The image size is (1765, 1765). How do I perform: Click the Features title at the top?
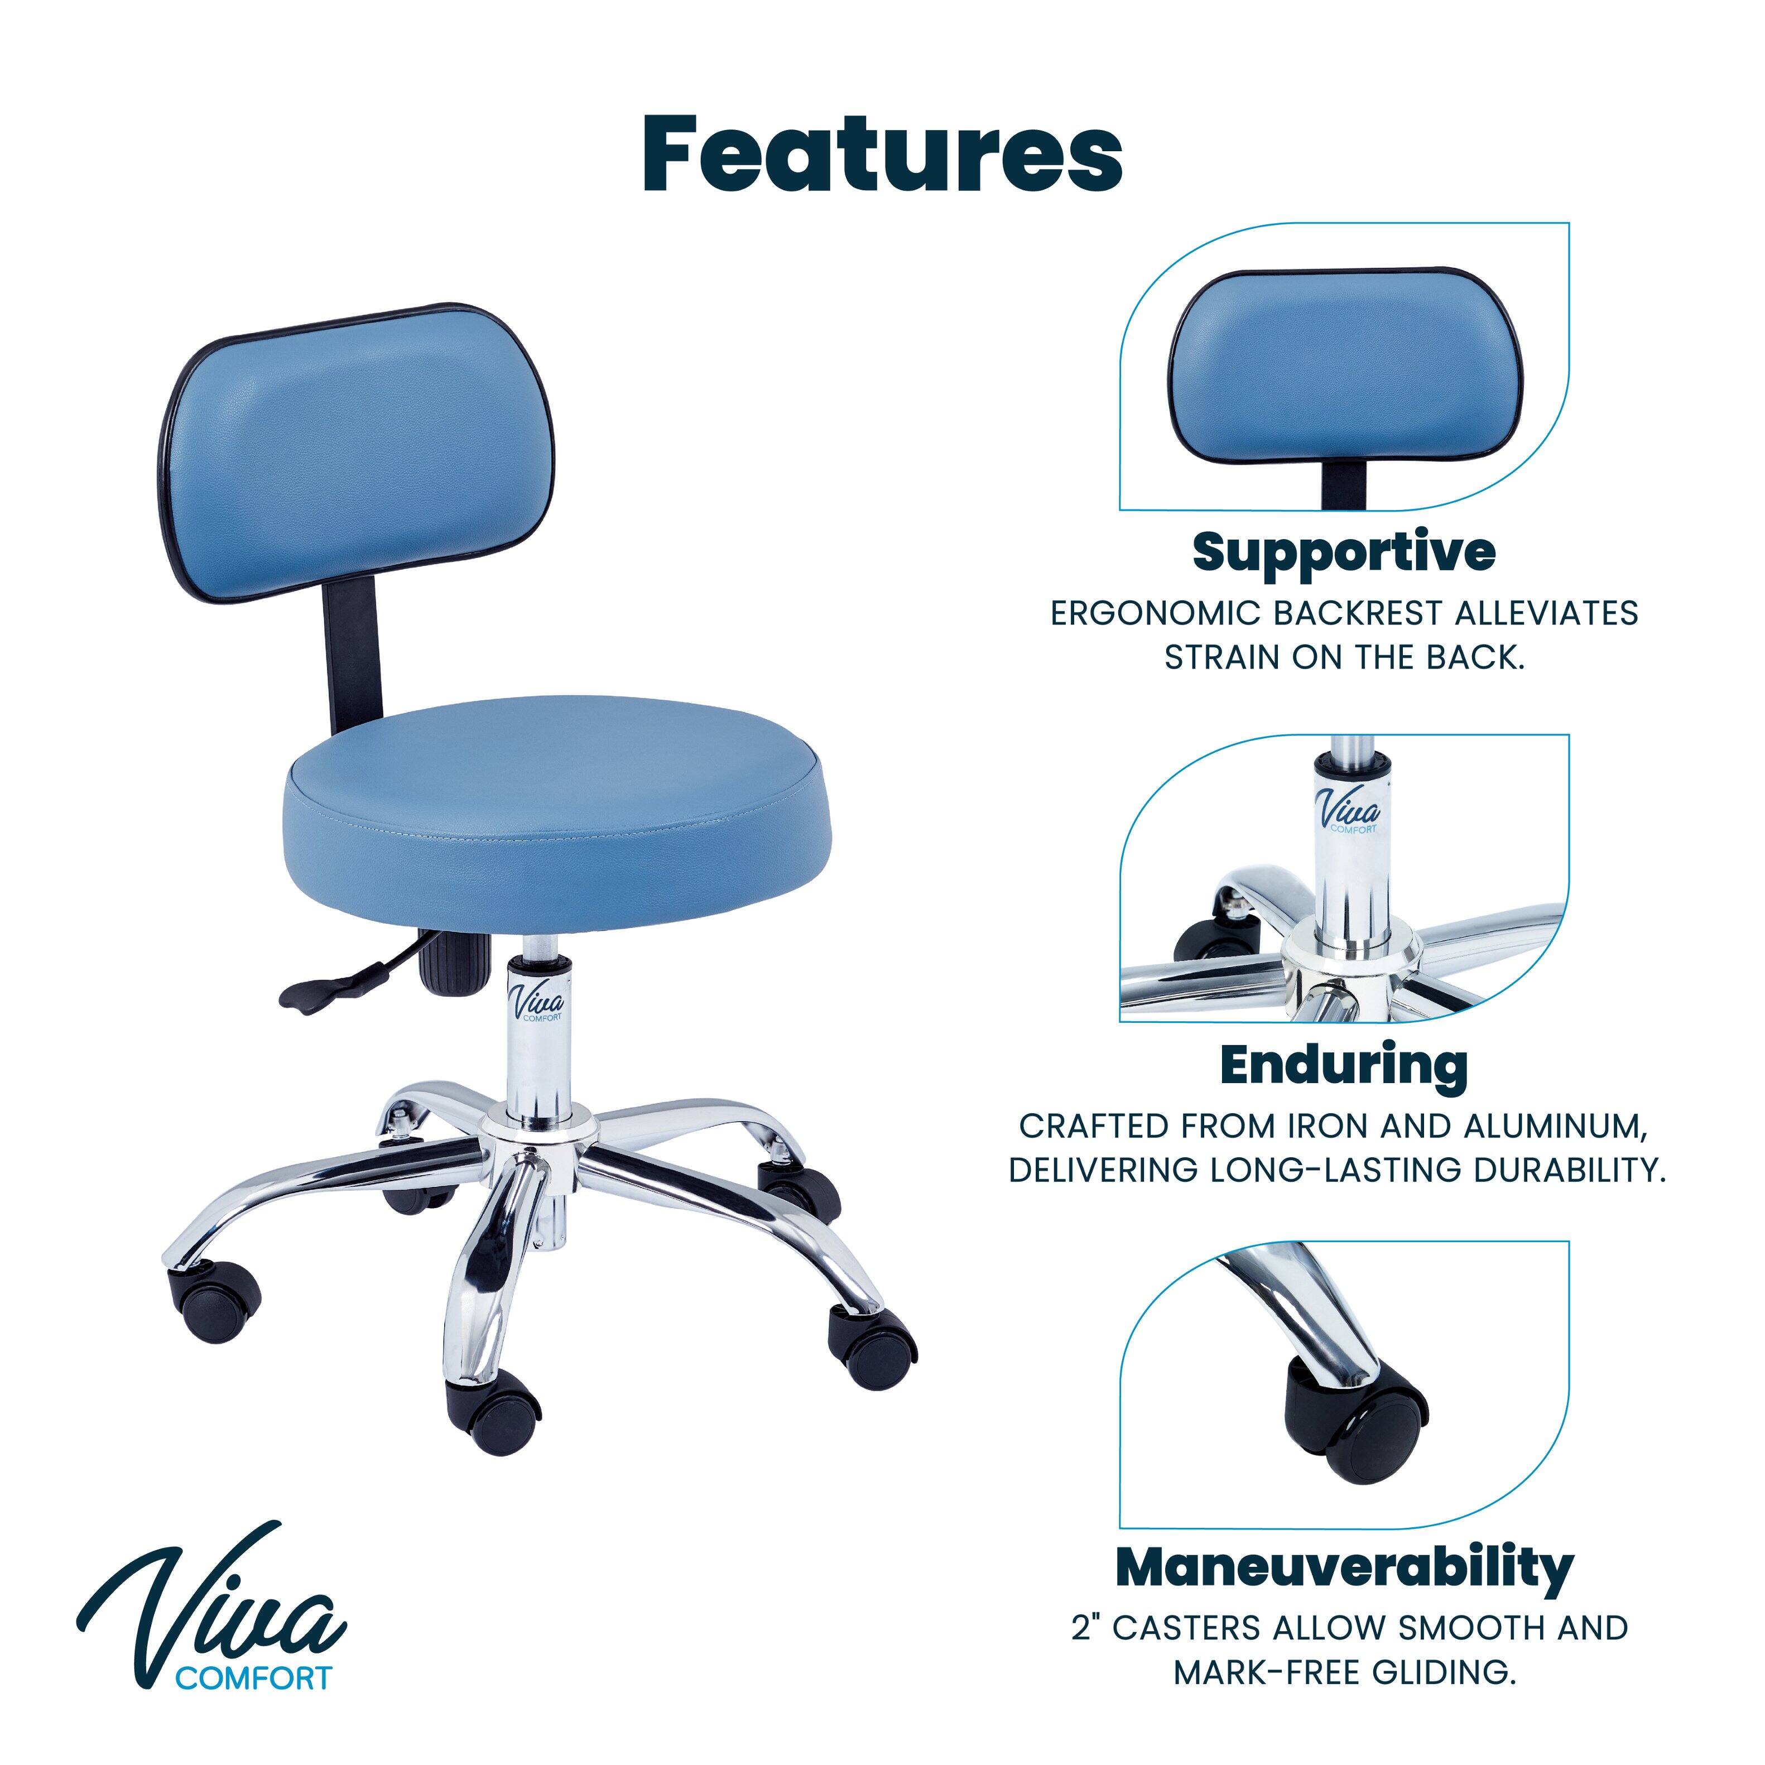883,153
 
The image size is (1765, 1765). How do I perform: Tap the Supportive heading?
1344,552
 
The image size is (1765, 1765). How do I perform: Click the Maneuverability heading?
1344,1567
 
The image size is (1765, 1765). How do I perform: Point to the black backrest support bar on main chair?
350,656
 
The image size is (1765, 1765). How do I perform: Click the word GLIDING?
1444,1673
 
